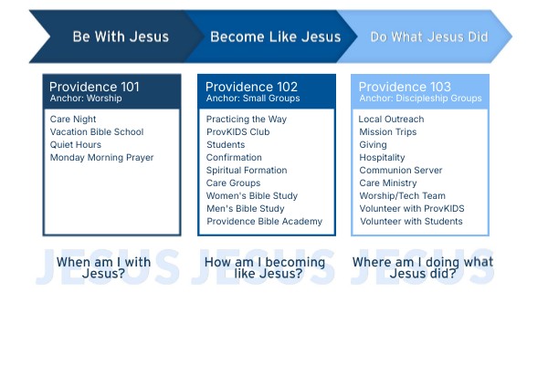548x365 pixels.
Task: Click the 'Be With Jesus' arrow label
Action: click(121, 36)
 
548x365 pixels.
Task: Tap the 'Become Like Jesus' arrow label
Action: click(276, 36)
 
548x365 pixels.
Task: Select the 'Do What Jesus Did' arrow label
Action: click(429, 36)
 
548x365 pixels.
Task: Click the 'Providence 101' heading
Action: click(94, 87)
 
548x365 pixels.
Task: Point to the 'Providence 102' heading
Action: click(252, 87)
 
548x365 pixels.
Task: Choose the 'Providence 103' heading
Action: click(405, 87)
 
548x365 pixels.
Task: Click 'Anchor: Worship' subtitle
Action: click(86, 99)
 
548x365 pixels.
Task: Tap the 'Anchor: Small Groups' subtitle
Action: click(253, 99)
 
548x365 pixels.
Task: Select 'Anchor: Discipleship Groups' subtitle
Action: click(420, 99)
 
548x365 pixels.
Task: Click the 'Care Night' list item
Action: click(73, 120)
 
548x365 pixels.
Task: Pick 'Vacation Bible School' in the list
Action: click(97, 131)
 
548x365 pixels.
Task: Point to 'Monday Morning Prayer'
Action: click(101, 158)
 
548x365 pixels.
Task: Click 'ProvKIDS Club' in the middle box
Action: click(238, 131)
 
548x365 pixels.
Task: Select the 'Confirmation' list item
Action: click(234, 158)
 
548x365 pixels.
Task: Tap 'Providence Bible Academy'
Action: click(265, 222)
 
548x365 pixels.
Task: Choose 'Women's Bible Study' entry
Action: click(252, 195)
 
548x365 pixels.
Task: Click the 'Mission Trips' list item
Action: click(388, 131)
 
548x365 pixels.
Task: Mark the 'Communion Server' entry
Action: click(401, 170)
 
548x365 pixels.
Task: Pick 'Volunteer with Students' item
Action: click(411, 222)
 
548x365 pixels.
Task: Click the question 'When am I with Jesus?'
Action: click(104, 267)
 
